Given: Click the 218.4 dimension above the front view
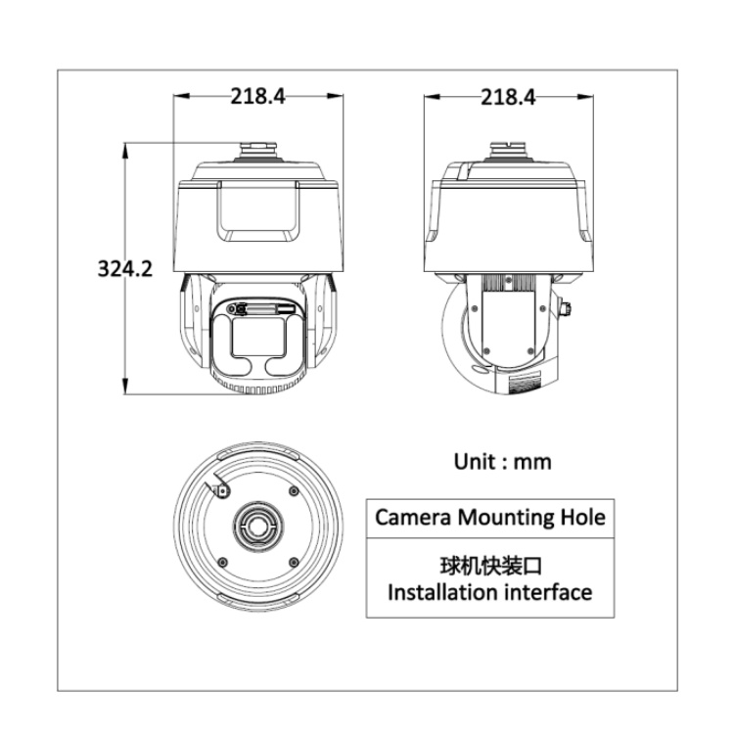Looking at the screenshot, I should click(258, 96).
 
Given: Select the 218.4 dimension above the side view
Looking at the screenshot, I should click(509, 96).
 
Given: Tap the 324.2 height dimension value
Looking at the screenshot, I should click(124, 268).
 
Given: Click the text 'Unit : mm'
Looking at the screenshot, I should click(503, 461).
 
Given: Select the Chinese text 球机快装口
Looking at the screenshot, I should click(489, 568).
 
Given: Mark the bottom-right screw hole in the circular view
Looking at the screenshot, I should click(293, 561).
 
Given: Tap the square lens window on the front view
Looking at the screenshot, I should click(258, 336).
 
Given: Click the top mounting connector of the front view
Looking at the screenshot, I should click(259, 149).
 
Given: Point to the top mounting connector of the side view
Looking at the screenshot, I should click(509, 149).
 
